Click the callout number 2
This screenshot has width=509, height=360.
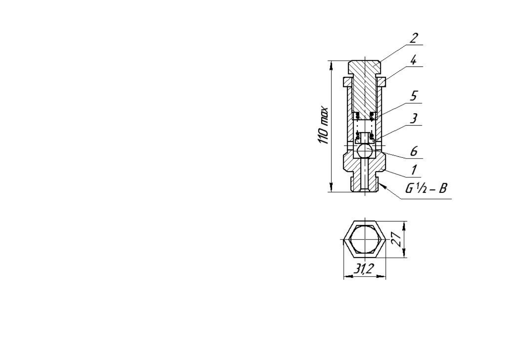414,38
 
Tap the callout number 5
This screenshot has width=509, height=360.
414,96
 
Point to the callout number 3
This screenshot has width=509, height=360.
414,118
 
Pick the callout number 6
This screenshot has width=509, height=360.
414,151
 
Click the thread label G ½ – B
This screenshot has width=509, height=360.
426,188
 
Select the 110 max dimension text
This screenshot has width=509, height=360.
323,125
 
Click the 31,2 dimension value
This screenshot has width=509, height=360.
363,269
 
